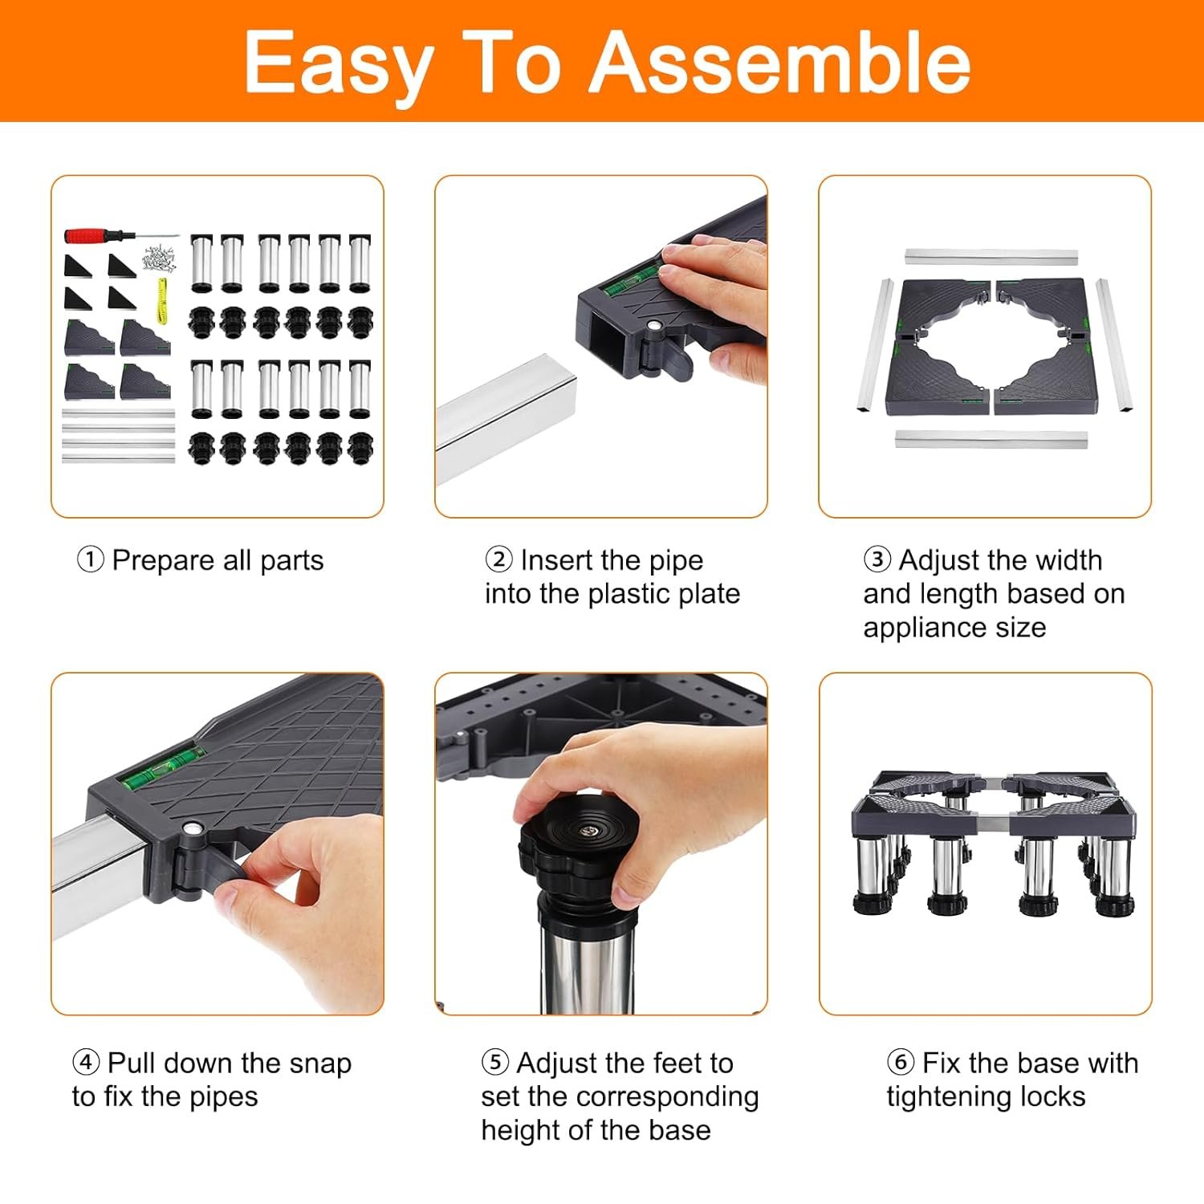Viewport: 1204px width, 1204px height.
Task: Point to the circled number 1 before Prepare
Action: [90, 559]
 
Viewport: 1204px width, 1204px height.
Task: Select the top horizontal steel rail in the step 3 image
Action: [992, 257]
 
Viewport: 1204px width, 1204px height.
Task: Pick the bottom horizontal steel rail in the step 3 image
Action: [990, 440]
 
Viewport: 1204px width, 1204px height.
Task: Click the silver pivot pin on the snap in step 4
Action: [191, 828]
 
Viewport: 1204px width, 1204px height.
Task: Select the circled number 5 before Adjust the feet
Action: [495, 1062]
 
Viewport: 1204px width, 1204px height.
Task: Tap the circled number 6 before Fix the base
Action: [901, 1062]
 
